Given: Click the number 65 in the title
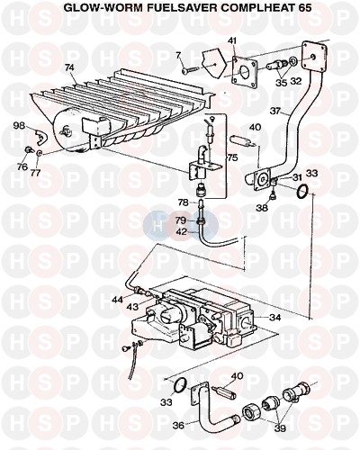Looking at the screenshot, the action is [304, 8].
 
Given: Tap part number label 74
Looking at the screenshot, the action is [69, 67].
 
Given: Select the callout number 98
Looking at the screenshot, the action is [20, 126].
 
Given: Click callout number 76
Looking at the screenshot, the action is [22, 166].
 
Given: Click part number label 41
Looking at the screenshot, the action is [233, 40].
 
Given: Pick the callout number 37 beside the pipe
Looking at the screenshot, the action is [275, 111].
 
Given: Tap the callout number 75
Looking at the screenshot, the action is [232, 157].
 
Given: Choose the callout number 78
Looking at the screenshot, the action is [183, 202].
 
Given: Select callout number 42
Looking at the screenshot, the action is [183, 231].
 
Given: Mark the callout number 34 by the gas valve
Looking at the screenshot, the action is [274, 317].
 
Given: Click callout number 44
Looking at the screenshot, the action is [118, 300].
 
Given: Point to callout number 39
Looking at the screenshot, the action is [280, 428].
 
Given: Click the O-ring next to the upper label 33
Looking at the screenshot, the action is [301, 192].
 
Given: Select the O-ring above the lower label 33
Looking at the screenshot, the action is [180, 385].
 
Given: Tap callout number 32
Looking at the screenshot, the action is [295, 81].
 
